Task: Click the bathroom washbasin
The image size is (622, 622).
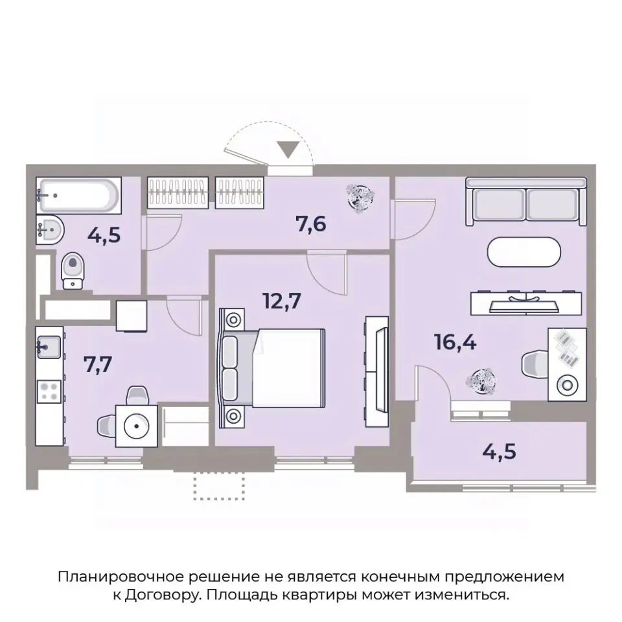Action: pos(48,229)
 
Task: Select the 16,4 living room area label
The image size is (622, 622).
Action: pos(455,341)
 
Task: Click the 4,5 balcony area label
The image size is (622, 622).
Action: pos(499,450)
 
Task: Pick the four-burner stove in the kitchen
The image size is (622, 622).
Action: pos(49,391)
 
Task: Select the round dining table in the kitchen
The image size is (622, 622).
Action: pos(136,426)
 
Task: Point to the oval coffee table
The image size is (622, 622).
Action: pos(525,253)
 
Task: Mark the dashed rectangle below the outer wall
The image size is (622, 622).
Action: pos(220,485)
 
